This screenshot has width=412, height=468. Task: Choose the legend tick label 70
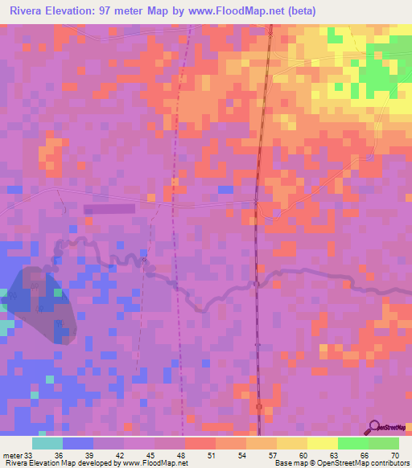(x=394, y=454)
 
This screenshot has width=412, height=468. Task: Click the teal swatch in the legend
(x=47, y=443)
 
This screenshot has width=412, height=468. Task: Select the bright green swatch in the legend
(x=352, y=443)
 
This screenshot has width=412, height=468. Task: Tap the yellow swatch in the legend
(x=322, y=443)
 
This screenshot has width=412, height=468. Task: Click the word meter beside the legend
(x=11, y=454)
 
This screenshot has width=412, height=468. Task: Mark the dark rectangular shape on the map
(x=109, y=208)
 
